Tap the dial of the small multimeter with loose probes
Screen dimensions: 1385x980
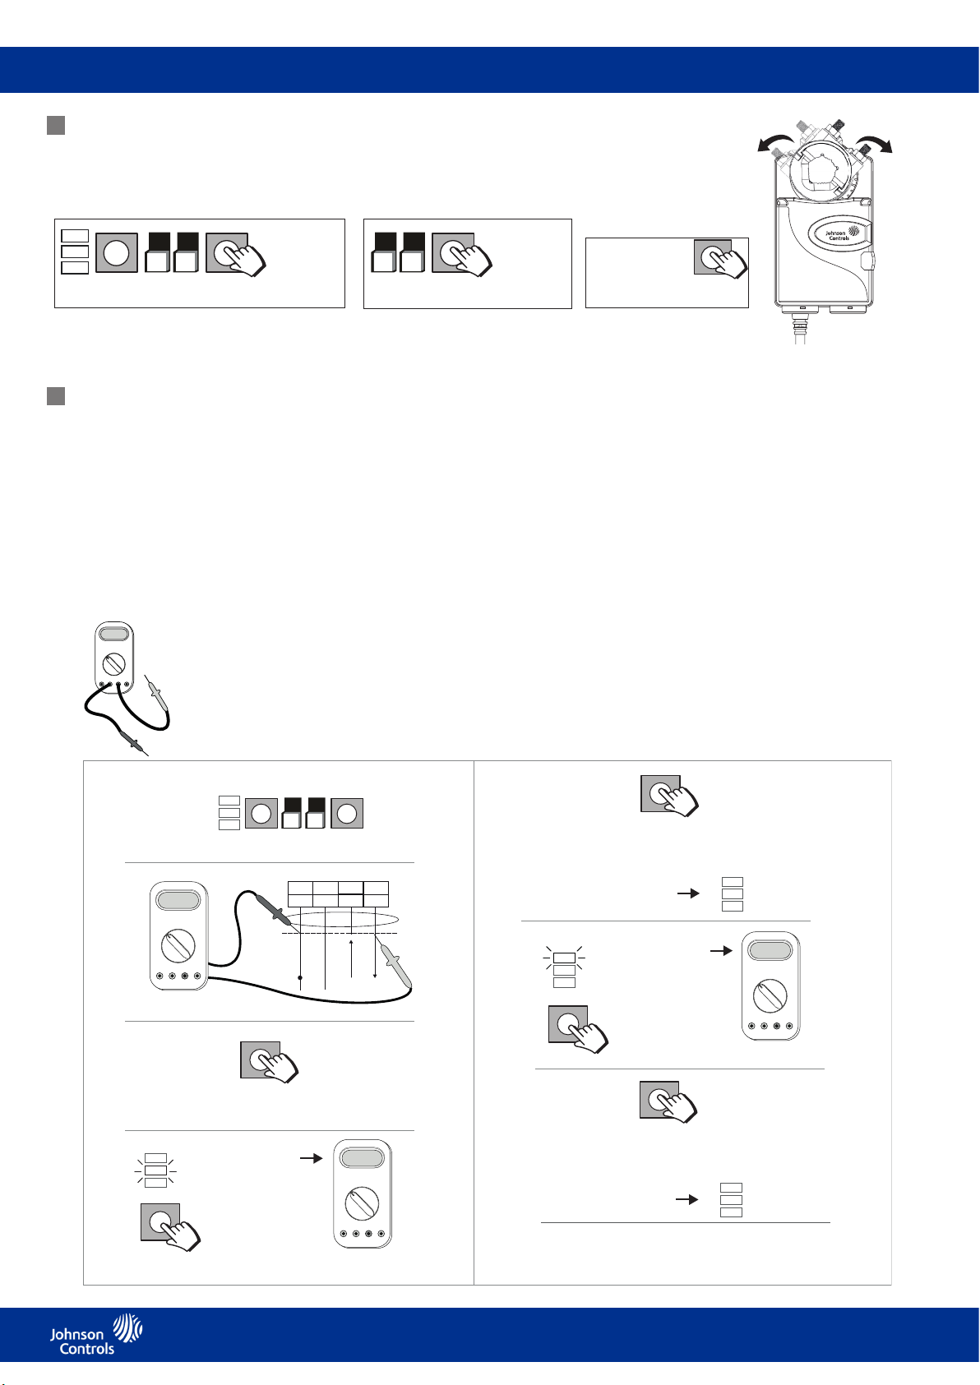(x=114, y=662)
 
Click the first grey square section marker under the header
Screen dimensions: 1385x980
(x=56, y=126)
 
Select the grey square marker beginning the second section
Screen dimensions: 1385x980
(x=56, y=396)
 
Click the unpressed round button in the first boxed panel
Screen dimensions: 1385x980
(x=116, y=252)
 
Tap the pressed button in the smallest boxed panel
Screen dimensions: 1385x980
(x=712, y=256)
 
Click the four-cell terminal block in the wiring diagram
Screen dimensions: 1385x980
(x=338, y=893)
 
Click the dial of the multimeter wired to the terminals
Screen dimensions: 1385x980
(x=178, y=946)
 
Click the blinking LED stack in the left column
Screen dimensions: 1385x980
(x=155, y=1170)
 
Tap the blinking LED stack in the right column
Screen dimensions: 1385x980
(x=564, y=969)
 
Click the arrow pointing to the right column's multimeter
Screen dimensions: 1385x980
(x=720, y=950)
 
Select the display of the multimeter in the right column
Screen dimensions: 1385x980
(x=770, y=950)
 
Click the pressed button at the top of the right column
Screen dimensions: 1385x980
(x=661, y=794)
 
